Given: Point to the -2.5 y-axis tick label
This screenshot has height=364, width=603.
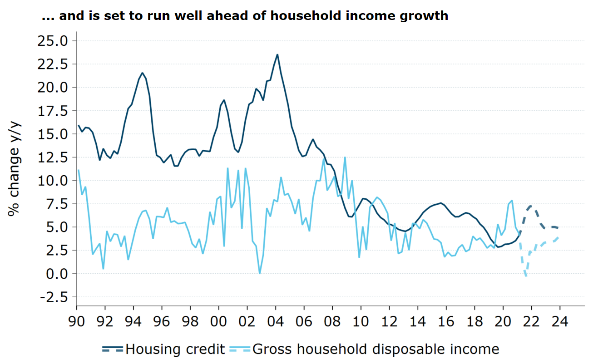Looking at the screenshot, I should click(x=53, y=297).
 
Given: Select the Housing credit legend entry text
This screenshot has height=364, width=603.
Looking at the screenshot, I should click(x=175, y=349).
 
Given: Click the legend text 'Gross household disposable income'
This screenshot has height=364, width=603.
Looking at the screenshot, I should click(x=376, y=349).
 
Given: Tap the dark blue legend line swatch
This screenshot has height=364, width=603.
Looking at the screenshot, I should click(x=113, y=349).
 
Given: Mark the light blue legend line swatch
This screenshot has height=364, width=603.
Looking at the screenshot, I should click(x=241, y=349).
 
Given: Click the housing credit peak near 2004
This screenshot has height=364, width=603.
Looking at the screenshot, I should click(x=277, y=54).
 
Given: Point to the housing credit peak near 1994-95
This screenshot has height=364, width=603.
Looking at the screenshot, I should click(x=143, y=73).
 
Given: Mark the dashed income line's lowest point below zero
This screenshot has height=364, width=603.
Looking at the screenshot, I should click(x=526, y=276).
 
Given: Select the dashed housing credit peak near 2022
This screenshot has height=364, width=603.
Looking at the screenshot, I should click(x=530, y=206).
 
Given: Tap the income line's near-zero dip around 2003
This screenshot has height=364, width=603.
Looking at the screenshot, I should click(x=259, y=273).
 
